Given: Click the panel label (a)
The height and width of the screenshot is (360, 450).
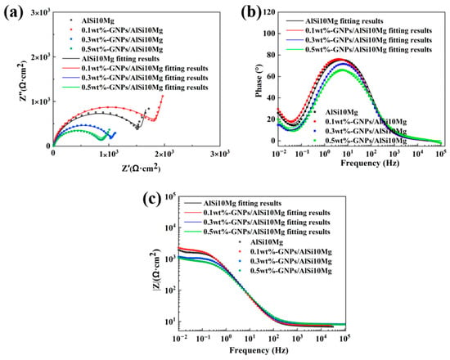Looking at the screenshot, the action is tap(12, 13).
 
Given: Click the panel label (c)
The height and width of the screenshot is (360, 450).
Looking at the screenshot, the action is tap(152, 199).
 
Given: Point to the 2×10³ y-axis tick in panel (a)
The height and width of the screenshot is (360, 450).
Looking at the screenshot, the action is tap(39, 56).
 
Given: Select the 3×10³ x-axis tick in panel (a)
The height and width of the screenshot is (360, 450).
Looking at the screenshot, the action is tap(219, 154).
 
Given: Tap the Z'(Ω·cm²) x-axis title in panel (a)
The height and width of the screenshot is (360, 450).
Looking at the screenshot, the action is tap(141, 168).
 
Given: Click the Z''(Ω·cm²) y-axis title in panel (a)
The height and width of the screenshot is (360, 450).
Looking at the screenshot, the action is tap(24, 81).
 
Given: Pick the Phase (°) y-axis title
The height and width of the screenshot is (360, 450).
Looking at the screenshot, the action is tap(259, 81).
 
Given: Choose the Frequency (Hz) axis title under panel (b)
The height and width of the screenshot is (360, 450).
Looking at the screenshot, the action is tap(370, 163).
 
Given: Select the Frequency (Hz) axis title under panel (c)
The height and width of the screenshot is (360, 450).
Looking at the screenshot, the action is tap(259, 350).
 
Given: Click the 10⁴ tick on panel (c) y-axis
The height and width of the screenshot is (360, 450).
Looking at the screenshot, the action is tap(169, 227).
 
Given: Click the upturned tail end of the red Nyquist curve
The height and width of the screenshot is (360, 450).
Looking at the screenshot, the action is tap(163, 96).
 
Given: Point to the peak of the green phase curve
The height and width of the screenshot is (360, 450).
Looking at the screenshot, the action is tap(341, 70).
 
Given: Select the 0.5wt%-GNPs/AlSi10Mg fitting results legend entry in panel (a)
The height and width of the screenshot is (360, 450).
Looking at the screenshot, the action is tap(135, 88).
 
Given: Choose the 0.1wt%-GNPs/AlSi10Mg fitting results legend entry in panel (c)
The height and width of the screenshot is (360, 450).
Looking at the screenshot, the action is tap(257, 213).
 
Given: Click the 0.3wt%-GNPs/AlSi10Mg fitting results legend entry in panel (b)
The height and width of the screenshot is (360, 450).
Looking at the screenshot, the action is tap(358, 40).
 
